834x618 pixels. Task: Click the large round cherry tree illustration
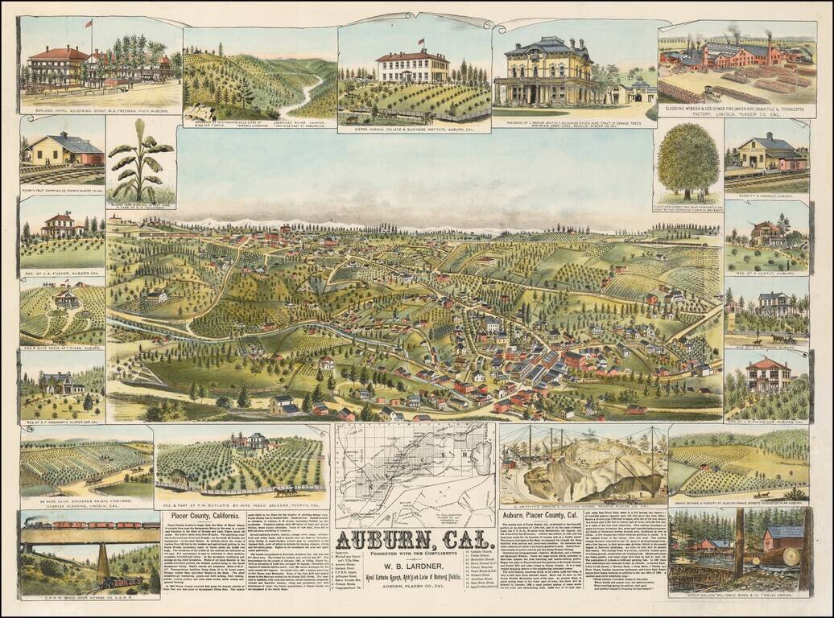tap(687, 160)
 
